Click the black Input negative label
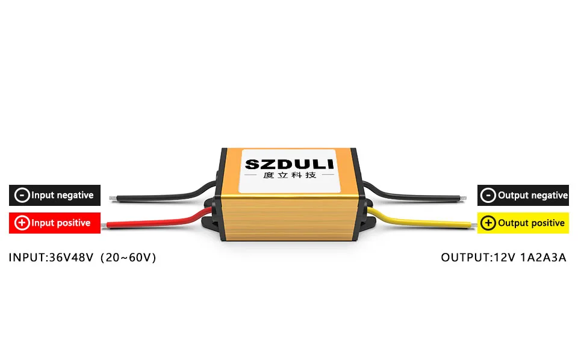click(55, 195)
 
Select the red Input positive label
click(55, 223)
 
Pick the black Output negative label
click(523, 195)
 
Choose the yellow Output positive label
click(523, 223)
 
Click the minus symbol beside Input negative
click(22, 195)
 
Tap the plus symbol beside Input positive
click(22, 223)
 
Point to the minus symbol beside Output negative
click(489, 195)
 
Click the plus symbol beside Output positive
click(489, 223)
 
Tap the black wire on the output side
click(421, 196)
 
